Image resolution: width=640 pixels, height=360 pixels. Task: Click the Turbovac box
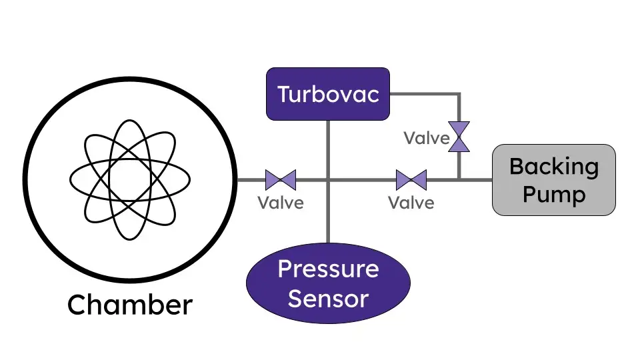click(327, 93)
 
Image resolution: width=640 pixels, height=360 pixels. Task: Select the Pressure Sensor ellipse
click(328, 283)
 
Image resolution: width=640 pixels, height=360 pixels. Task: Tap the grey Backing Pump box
click(553, 180)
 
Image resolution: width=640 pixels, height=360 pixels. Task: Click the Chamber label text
click(130, 305)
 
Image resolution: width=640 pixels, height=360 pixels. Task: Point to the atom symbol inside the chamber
click(130, 179)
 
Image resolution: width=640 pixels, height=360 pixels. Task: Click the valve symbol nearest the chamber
click(281, 180)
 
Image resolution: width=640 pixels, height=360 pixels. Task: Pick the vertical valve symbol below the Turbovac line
click(459, 137)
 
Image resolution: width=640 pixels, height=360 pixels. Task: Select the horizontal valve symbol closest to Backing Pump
click(411, 180)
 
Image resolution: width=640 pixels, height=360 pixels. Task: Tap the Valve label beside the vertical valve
click(427, 138)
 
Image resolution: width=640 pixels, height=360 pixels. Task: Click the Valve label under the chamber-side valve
click(281, 202)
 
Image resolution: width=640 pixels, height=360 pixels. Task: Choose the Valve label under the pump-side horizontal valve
click(411, 202)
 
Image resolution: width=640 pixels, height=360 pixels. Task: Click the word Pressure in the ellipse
click(328, 269)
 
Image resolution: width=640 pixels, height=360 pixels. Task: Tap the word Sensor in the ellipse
click(328, 298)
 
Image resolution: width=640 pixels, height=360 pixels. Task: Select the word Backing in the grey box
click(553, 167)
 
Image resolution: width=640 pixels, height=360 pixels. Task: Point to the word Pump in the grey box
click(553, 195)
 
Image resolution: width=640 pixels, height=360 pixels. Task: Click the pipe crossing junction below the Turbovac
click(328, 180)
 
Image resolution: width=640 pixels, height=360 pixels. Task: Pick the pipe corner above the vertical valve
click(459, 95)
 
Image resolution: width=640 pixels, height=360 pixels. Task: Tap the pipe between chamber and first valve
click(251, 180)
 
